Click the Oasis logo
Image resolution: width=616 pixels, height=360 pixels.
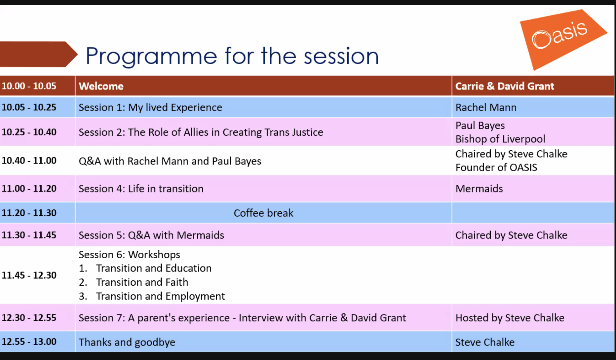click(564, 40)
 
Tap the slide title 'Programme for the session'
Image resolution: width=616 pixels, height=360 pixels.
click(232, 56)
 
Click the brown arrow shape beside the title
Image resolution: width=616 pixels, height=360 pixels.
click(39, 54)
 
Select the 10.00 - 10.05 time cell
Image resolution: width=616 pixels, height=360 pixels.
click(29, 86)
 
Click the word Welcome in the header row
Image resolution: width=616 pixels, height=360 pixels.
click(101, 86)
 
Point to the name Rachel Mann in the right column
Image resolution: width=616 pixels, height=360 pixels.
click(486, 107)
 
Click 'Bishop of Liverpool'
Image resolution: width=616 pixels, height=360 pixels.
click(500, 139)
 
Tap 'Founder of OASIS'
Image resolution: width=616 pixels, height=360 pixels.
click(496, 167)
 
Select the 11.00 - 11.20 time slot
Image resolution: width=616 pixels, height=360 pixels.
click(29, 189)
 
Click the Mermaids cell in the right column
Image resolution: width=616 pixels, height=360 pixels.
click(479, 189)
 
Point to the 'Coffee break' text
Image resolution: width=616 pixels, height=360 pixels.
click(263, 213)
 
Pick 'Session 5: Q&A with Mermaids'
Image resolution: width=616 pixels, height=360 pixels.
click(151, 235)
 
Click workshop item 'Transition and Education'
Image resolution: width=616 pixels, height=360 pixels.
click(154, 268)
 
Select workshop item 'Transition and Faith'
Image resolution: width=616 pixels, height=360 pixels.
click(142, 282)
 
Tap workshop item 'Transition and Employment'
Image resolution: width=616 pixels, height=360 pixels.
click(160, 297)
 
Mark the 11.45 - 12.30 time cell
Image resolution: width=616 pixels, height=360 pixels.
click(29, 275)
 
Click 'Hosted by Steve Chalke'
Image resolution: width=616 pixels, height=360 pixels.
click(510, 318)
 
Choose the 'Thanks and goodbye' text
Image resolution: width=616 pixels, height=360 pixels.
click(127, 342)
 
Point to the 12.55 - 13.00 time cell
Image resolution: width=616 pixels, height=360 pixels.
click(29, 342)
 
